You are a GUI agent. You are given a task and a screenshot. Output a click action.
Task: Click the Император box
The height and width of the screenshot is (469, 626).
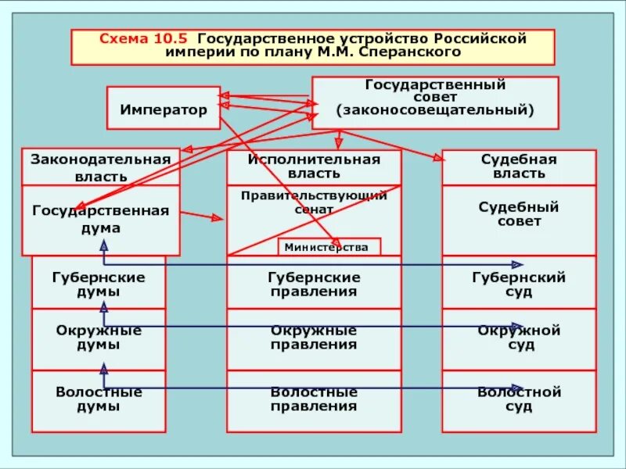(x=164, y=108)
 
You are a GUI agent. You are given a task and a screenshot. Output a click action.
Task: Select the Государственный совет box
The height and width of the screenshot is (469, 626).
(x=435, y=102)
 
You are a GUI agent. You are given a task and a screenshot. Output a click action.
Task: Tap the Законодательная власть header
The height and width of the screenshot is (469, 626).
(x=100, y=167)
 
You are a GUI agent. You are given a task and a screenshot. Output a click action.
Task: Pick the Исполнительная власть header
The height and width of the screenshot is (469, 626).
(x=314, y=167)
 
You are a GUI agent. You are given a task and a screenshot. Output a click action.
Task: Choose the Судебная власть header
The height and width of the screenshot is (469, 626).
(x=519, y=167)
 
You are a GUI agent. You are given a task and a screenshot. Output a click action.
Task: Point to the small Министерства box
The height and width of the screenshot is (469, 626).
(x=329, y=247)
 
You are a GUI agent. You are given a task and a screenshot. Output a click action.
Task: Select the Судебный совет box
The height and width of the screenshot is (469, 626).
(x=519, y=214)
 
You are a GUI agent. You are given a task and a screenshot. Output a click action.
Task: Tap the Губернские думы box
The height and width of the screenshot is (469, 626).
(x=99, y=285)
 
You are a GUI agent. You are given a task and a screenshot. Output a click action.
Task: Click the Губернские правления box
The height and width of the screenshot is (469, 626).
(x=314, y=285)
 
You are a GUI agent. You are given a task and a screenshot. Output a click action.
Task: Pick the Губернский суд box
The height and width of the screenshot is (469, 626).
(x=519, y=285)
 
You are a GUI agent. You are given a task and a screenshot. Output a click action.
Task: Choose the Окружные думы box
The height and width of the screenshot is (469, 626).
(x=99, y=338)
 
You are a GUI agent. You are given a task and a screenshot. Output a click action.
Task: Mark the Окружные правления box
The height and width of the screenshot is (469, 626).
(x=314, y=338)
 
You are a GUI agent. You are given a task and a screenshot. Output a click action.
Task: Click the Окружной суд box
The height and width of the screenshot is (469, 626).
(x=519, y=338)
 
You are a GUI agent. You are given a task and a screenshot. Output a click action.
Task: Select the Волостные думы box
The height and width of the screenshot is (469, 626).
(x=99, y=399)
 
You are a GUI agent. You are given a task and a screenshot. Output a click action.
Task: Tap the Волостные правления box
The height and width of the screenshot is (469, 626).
(x=314, y=399)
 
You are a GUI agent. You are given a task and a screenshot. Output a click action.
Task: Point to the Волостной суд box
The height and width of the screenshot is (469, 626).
(x=519, y=399)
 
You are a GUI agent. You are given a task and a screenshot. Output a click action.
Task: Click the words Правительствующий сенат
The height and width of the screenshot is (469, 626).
(x=314, y=202)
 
